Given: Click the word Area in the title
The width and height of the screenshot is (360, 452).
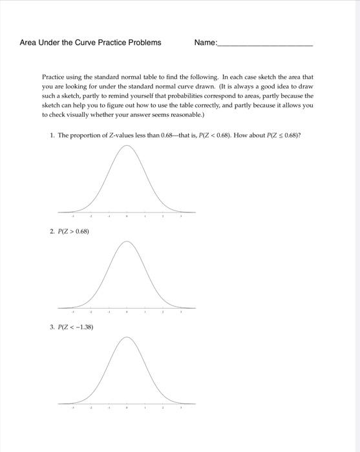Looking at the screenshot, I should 29,43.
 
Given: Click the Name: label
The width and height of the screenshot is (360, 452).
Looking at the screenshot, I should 206,43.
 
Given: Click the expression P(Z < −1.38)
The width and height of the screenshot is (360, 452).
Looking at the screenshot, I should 74,327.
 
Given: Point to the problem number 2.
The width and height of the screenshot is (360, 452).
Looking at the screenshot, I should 52,231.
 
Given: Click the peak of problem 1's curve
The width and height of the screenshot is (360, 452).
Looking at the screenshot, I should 127,147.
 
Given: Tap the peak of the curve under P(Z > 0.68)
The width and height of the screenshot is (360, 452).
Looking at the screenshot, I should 127,242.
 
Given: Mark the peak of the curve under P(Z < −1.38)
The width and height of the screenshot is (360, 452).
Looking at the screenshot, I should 127,338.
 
